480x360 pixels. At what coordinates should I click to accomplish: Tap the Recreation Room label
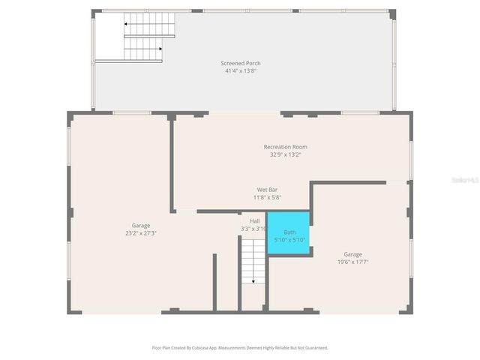[x=285, y=147]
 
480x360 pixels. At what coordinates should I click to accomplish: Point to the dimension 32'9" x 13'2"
[x=285, y=155]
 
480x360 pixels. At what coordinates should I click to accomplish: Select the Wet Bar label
[x=268, y=190]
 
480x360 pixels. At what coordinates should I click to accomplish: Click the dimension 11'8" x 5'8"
[x=268, y=198]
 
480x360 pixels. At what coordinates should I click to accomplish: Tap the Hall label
[x=255, y=221]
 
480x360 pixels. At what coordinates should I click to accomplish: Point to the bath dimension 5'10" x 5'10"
[x=289, y=240]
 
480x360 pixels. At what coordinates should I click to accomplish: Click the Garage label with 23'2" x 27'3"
[x=141, y=225]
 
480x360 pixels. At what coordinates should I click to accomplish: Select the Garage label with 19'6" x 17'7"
[x=352, y=254]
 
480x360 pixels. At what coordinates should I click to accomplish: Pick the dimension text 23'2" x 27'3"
[x=141, y=233]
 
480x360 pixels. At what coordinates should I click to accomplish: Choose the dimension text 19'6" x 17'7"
[x=352, y=262]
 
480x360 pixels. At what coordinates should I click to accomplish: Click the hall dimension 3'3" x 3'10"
[x=255, y=229]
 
